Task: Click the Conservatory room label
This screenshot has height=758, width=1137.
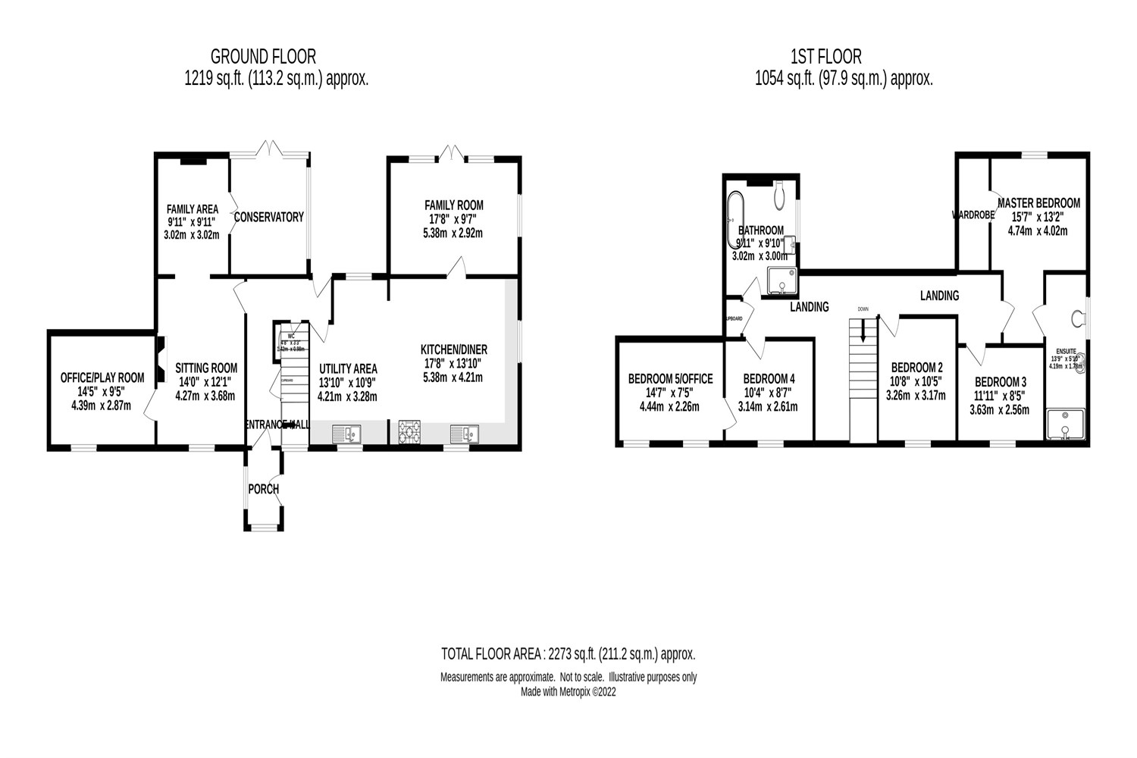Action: tap(268, 217)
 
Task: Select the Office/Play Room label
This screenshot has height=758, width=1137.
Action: tap(102, 377)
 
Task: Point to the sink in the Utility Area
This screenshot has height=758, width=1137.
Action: tap(348, 434)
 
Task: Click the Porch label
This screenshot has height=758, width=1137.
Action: tap(263, 489)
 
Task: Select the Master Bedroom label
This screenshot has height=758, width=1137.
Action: tap(1038, 203)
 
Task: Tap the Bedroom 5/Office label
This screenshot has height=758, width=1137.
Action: tap(669, 378)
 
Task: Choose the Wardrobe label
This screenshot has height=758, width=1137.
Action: tap(973, 215)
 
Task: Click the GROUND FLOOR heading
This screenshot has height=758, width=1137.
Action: tap(263, 56)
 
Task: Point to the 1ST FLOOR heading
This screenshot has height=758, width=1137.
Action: tap(825, 56)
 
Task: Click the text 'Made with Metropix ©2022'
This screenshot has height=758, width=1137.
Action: tap(568, 692)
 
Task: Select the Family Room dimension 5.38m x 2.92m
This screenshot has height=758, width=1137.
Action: tap(453, 233)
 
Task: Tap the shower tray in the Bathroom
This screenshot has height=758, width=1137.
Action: tap(782, 280)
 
